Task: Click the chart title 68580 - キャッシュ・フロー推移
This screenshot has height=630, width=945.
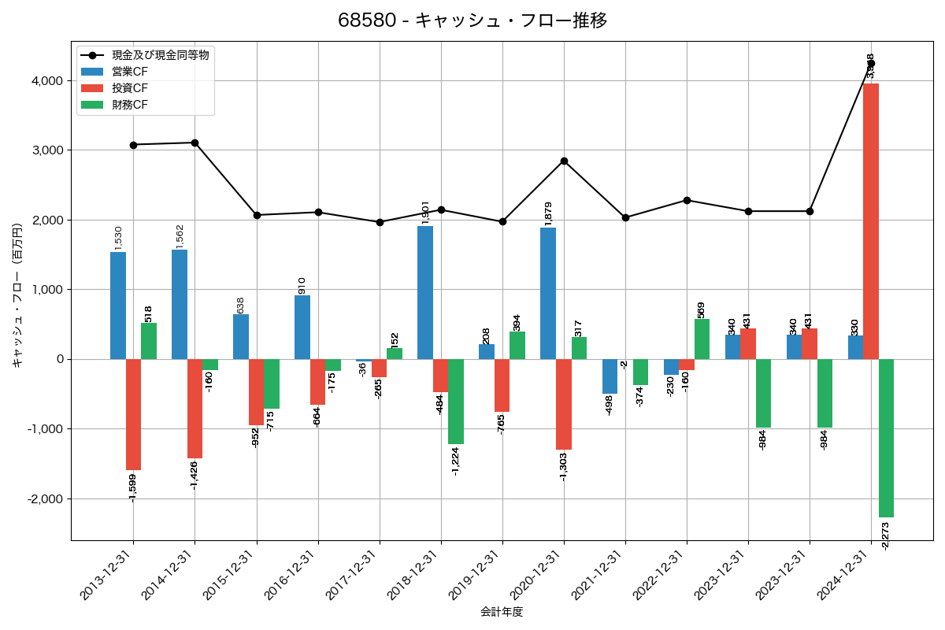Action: pyautogui.click(x=472, y=20)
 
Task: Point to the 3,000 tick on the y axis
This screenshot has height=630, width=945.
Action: pyautogui.click(x=48, y=150)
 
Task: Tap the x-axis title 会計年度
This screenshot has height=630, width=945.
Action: pyautogui.click(x=502, y=612)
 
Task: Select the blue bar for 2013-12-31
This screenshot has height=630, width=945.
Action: pyautogui.click(x=118, y=306)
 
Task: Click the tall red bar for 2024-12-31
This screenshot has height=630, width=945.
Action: pyautogui.click(x=871, y=220)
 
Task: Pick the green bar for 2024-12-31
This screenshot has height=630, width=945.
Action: pyautogui.click(x=887, y=438)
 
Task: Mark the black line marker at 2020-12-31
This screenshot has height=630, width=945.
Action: pyautogui.click(x=564, y=161)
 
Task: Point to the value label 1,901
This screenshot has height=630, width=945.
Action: pyautogui.click(x=426, y=213)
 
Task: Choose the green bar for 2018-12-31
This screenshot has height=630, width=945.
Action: pyautogui.click(x=456, y=402)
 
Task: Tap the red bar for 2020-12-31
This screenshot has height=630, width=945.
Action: pyautogui.click(x=564, y=404)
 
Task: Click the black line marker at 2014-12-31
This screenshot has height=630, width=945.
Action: pyautogui.click(x=195, y=143)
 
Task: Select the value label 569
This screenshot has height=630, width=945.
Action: pyautogui.click(x=701, y=309)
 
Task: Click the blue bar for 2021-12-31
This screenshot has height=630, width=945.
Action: pyautogui.click(x=610, y=376)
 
